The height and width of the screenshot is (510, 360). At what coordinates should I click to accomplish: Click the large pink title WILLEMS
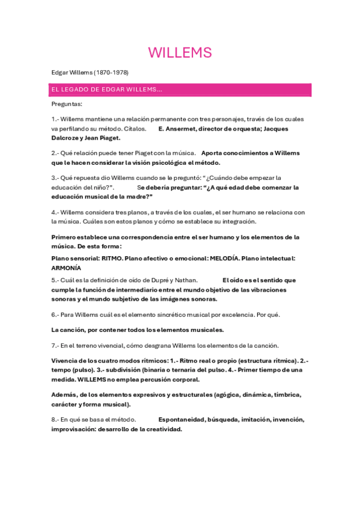180,53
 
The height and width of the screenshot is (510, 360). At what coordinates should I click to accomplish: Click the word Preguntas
67,104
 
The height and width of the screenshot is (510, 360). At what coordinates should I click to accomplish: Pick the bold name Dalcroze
66,138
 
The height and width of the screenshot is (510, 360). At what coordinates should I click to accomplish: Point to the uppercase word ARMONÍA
66,268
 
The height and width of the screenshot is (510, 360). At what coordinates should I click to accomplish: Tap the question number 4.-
55,212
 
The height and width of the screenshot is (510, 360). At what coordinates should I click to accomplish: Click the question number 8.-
55,419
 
